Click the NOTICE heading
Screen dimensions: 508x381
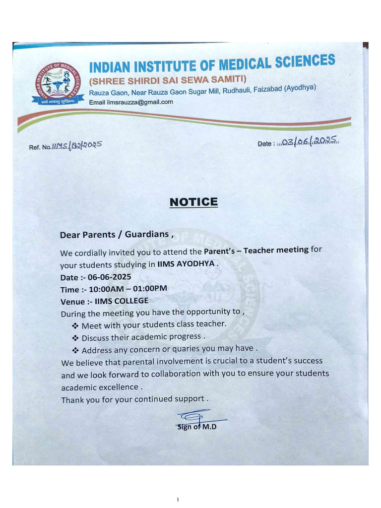point(193,202)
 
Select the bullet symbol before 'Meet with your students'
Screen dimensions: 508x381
point(75,325)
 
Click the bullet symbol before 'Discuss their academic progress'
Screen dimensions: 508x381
point(75,338)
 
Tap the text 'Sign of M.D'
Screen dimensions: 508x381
point(197,427)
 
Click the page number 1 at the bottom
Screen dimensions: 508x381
point(177,499)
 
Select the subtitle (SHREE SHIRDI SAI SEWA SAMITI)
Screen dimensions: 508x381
point(167,81)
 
